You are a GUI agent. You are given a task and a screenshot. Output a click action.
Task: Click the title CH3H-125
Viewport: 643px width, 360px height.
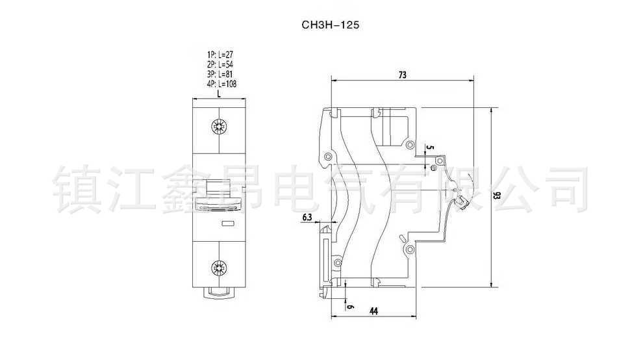330,25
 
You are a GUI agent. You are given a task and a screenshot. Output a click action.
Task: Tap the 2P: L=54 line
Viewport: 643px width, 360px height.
220,66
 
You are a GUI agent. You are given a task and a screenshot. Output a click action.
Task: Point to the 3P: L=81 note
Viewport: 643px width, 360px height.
220,74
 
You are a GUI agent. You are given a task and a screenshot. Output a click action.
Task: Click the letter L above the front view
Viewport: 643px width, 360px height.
220,93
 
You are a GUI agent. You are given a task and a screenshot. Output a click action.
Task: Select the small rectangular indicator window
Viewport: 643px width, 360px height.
229,224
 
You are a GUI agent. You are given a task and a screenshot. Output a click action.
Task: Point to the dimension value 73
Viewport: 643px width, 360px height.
402,75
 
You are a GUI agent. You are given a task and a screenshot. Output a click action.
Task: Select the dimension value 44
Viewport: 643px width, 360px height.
373,311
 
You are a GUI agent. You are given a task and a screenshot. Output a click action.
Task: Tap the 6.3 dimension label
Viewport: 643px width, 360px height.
308,216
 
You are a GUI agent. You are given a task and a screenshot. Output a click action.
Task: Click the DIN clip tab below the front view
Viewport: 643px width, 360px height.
220,292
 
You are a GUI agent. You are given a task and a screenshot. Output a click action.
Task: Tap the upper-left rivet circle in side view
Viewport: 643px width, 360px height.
329,157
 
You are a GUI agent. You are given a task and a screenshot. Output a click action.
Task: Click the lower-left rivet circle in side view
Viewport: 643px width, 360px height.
337,263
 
